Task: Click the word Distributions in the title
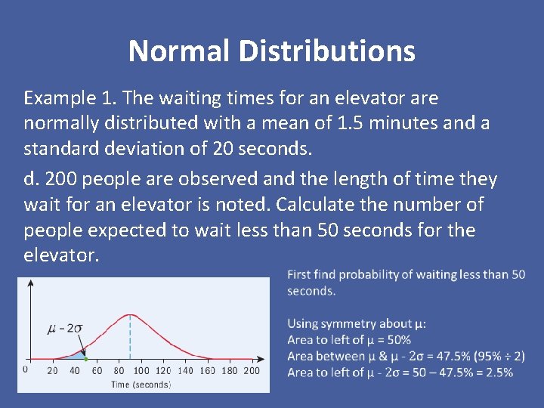(x=328, y=51)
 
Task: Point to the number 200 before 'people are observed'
(x=61, y=179)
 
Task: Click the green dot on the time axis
(x=85, y=358)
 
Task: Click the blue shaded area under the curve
(x=77, y=354)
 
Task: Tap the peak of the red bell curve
(x=130, y=314)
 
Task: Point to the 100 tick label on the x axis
(x=141, y=371)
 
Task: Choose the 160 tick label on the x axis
(x=208, y=371)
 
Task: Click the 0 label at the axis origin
(x=25, y=369)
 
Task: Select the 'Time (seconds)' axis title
(x=141, y=384)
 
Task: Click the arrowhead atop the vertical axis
(x=30, y=283)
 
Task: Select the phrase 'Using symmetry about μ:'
(x=357, y=323)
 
